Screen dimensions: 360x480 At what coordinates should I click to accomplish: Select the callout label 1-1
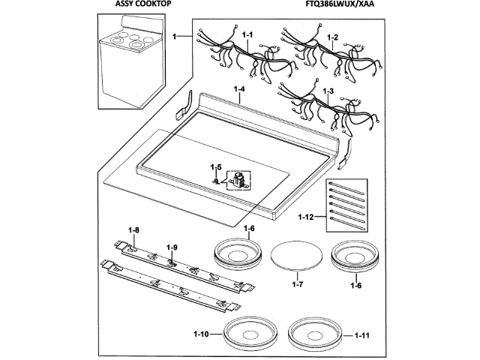[x=248, y=35]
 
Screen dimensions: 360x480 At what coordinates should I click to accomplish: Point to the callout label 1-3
[x=328, y=91]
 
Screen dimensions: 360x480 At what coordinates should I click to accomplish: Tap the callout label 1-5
[x=216, y=166]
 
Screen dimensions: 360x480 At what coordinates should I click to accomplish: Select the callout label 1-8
[x=134, y=229]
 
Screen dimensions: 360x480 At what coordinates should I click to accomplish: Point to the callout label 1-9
[x=172, y=247]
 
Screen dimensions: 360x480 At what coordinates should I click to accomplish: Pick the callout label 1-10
[x=200, y=334]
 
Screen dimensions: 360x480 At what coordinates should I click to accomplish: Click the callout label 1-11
[x=361, y=334]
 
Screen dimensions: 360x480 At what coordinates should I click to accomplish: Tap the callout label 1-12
[x=305, y=217]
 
